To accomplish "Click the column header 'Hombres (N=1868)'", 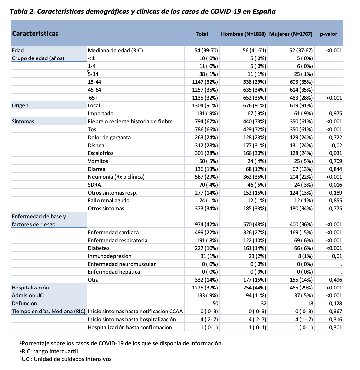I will pyautogui.click(x=243, y=34).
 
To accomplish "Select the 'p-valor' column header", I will pyautogui.click(x=328, y=34).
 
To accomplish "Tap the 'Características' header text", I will pyautogui.click(x=35, y=34).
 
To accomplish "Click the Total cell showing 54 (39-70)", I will pyautogui.click(x=206, y=50).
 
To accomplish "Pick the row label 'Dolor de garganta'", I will pyautogui.click(x=109, y=137).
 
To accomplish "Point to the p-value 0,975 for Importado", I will pyautogui.click(x=335, y=113).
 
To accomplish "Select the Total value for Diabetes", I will pyautogui.click(x=207, y=248).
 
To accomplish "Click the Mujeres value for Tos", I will pyautogui.click(x=301, y=129).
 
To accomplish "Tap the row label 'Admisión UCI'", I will pyautogui.click(x=28, y=295).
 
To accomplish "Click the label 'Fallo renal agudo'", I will pyautogui.click(x=108, y=200).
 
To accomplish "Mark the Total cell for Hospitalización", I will pyautogui.click(x=205, y=288).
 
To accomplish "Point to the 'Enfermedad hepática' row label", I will pyautogui.click(x=114, y=272).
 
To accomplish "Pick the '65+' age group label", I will pyautogui.click(x=93, y=98).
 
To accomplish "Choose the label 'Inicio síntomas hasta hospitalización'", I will pyautogui.click(x=132, y=319).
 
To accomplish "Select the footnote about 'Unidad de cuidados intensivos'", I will pyautogui.click(x=66, y=359).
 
